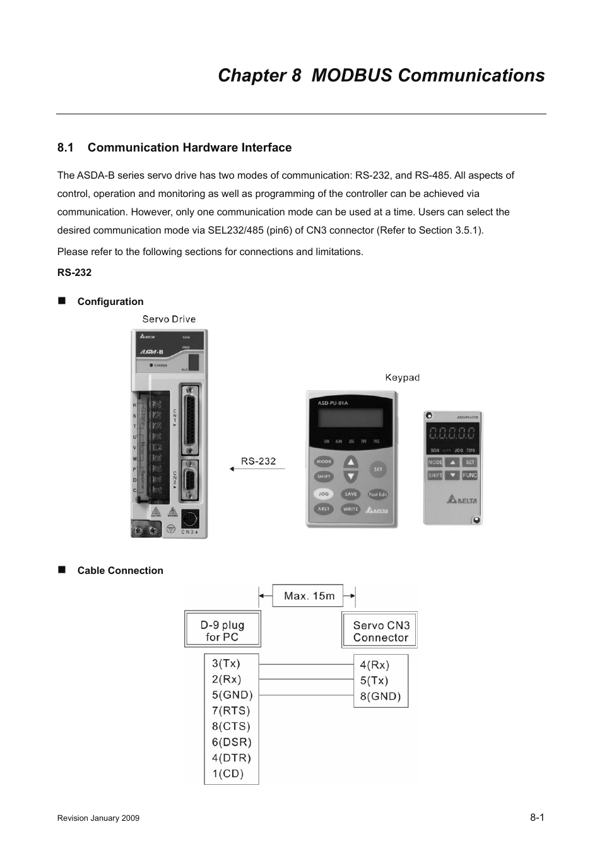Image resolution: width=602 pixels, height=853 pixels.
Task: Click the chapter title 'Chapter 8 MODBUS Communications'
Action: pos(381,75)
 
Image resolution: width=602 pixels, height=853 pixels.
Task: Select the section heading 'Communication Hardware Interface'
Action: pos(189,148)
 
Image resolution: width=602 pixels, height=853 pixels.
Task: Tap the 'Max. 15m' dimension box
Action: pos(308,596)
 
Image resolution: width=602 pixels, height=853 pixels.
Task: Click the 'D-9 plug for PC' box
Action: pos(223,630)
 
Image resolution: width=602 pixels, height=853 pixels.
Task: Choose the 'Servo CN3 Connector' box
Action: pos(380,631)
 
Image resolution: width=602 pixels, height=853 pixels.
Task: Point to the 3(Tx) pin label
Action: pos(226,664)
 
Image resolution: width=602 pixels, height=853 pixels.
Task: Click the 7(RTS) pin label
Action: pos(230,711)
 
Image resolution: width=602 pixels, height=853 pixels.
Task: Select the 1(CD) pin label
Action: pos(227,773)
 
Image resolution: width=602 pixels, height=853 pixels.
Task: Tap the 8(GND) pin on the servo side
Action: pos(380,696)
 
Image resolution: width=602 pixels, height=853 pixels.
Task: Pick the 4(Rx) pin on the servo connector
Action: pos(374,665)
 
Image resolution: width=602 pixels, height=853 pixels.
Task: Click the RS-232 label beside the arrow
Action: pos(259,461)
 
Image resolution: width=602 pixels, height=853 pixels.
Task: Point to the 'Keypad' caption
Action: pos(402,378)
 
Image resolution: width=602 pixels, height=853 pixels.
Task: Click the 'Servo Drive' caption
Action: pos(168,319)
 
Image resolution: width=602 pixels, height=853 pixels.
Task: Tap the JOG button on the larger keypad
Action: pos(323,494)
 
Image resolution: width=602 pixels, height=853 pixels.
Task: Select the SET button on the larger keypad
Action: pos(378,469)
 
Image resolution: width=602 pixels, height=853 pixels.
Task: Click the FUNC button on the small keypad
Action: pos(469,475)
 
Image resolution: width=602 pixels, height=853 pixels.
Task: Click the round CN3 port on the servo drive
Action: pos(190,519)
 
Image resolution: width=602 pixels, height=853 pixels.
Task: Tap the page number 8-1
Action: pos(537,817)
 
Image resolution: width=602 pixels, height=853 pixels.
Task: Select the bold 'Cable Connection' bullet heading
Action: pos(120,571)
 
